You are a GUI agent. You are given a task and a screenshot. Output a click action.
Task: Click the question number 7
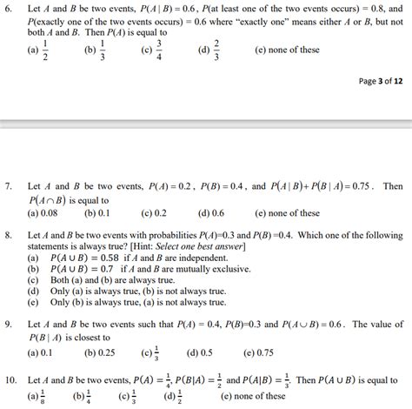[x=9, y=186]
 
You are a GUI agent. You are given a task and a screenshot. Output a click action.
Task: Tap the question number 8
[x=9, y=236]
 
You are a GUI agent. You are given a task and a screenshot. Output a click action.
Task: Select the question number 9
[x=9, y=324]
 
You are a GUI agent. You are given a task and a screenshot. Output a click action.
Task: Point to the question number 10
[x=10, y=381]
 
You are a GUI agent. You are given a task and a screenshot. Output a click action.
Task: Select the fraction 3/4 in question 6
[x=158, y=50]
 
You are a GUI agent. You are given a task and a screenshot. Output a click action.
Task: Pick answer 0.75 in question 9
[x=265, y=352]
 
